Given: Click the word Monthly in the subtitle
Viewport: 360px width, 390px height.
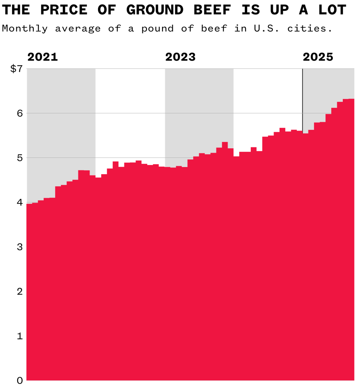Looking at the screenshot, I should coord(25,29).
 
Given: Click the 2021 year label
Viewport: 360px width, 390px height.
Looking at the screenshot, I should coord(42,57).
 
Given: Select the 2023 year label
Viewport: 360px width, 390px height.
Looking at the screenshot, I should coord(180,57).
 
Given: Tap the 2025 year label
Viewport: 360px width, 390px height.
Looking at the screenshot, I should coord(318,57).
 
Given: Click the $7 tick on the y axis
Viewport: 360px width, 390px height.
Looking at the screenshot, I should coord(16,69).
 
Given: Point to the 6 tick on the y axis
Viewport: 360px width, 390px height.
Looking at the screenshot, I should coord(19,113).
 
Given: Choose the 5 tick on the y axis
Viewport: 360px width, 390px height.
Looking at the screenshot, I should coord(19,158).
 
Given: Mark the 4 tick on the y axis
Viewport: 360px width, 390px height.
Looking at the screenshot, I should coord(19,203).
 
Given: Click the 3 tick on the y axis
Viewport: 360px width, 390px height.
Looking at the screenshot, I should coord(19,247).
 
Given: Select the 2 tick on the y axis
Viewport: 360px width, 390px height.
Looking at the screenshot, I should coord(19,292).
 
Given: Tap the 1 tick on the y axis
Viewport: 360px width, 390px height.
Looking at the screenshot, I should coord(19,336).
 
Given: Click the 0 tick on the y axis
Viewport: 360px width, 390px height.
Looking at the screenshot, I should coord(19,380).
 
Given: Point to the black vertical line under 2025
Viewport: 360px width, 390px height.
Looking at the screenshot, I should coord(302,100).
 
